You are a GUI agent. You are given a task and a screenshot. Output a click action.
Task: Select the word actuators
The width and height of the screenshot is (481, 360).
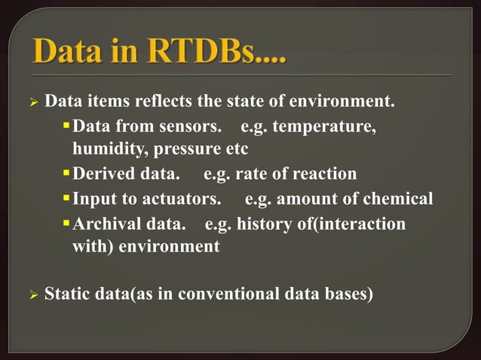click(180, 199)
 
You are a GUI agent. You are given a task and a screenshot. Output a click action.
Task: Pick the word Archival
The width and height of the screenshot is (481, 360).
click(106, 224)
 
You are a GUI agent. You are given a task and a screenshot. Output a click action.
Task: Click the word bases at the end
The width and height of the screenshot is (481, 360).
click(349, 294)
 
